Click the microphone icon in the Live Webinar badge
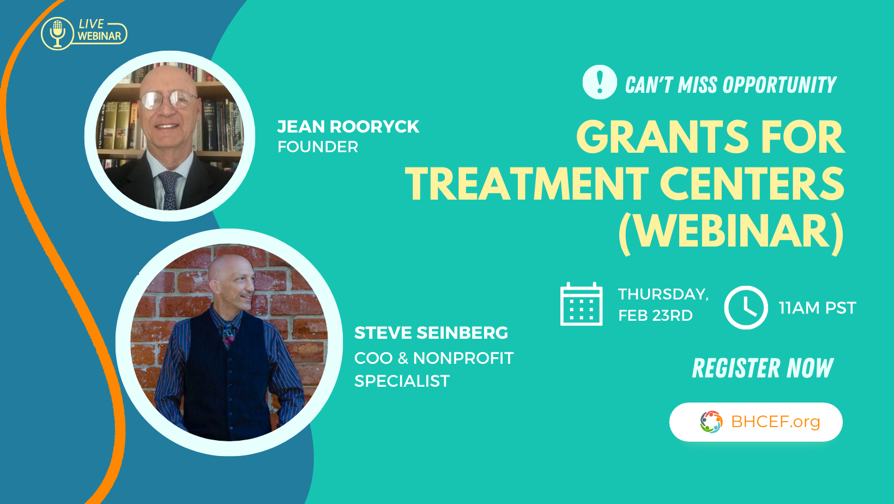click(x=57, y=33)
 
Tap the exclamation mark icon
click(x=600, y=82)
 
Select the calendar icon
click(x=581, y=304)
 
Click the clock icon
click(x=746, y=308)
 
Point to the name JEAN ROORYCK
click(x=348, y=127)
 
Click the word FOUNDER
click(x=318, y=147)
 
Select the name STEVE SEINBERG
click(x=431, y=333)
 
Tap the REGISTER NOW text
click(x=763, y=368)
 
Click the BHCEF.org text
click(x=776, y=422)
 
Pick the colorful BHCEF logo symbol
click(x=711, y=422)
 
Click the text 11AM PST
click(x=817, y=308)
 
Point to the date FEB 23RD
click(x=655, y=315)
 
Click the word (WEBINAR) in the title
click(x=731, y=232)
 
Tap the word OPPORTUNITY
click(x=780, y=85)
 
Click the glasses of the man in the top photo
click(x=168, y=100)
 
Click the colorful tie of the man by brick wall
click(x=228, y=335)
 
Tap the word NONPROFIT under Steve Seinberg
click(x=463, y=358)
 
